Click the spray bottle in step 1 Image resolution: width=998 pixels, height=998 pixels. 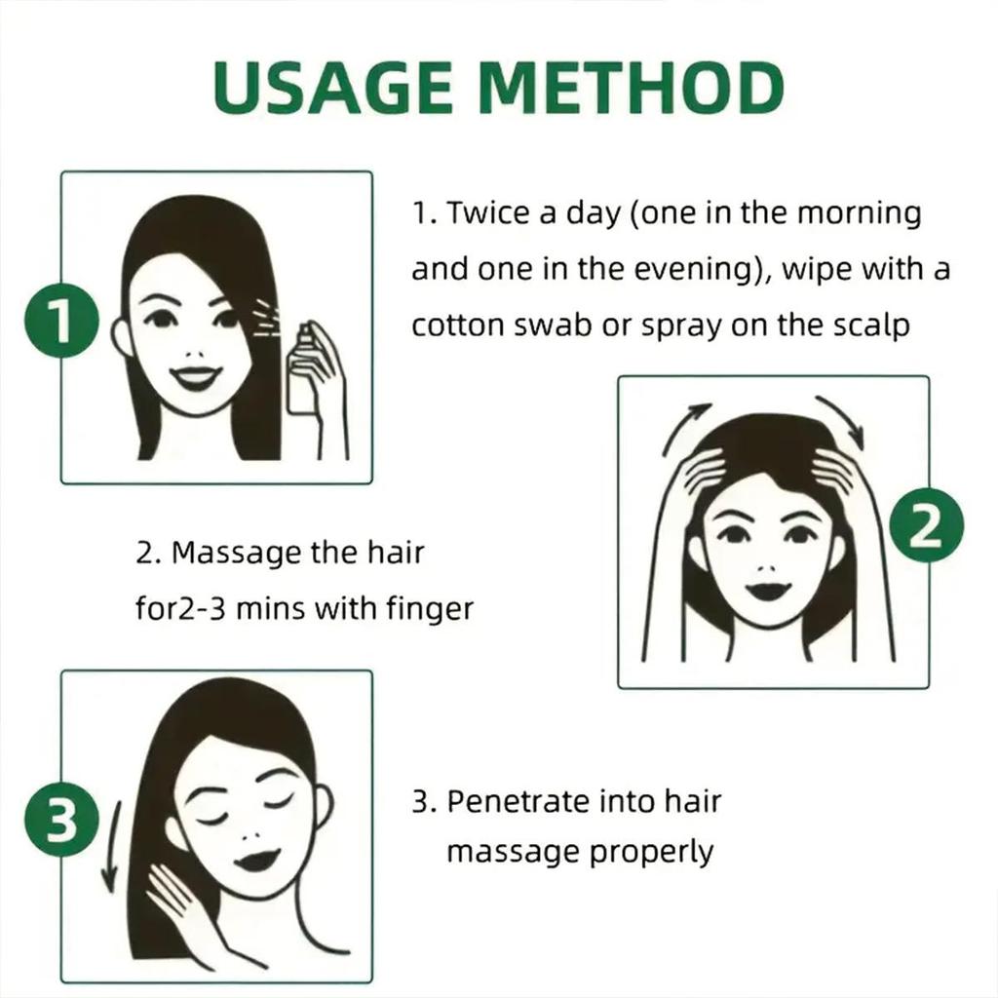tap(301, 375)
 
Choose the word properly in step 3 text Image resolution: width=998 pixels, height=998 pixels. tap(652, 852)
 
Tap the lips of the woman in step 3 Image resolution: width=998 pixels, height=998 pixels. tap(256, 860)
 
